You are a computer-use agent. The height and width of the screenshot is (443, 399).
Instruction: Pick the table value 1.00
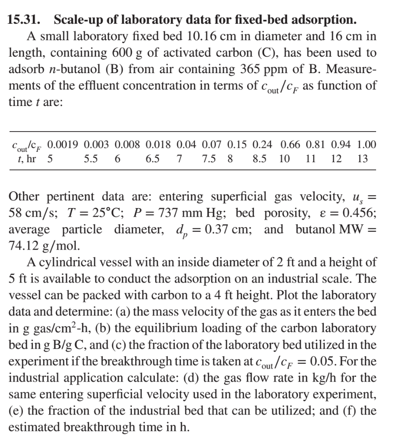[x=366, y=144]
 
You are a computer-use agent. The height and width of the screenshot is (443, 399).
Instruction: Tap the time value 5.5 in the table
[x=90, y=159]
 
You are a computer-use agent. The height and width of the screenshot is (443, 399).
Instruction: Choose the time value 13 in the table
[x=363, y=159]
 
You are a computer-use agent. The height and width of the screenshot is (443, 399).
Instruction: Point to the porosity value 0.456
[x=357, y=213]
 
